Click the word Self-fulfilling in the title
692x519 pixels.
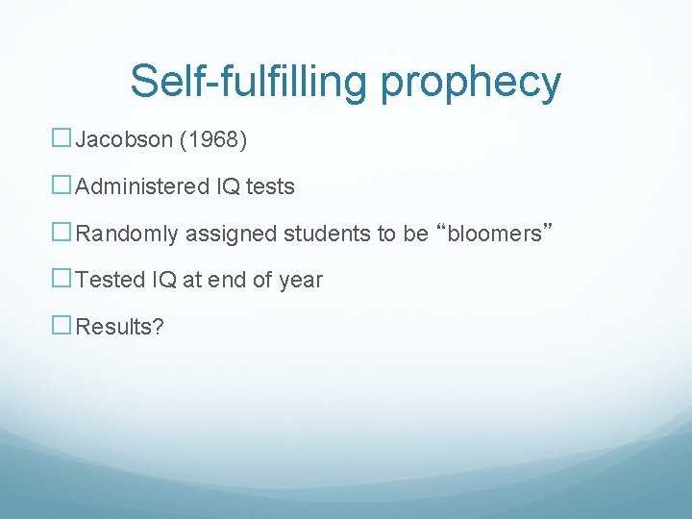249,81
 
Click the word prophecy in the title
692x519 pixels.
470,83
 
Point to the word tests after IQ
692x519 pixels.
270,186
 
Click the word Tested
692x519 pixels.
110,280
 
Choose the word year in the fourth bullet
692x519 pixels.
301,281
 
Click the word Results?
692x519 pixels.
120,327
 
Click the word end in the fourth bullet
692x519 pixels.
241,280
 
